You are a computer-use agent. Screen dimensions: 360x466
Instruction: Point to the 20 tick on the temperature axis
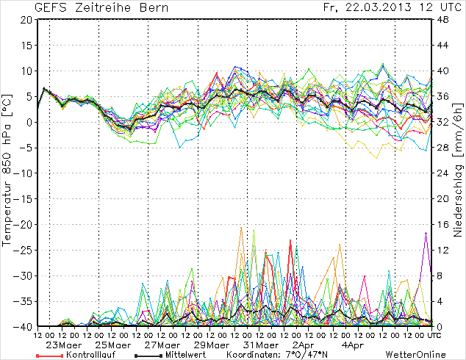[x=25, y=20]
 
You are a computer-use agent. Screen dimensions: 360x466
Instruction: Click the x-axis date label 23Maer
[x=64, y=345]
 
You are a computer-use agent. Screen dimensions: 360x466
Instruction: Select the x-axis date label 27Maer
[x=161, y=345]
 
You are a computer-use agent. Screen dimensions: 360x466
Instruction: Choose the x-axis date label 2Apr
[x=304, y=345]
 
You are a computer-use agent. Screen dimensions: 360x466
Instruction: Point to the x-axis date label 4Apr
[x=352, y=345]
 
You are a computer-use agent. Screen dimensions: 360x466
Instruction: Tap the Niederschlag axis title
[x=458, y=173]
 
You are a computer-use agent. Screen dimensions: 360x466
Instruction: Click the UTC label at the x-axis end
[x=434, y=336]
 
